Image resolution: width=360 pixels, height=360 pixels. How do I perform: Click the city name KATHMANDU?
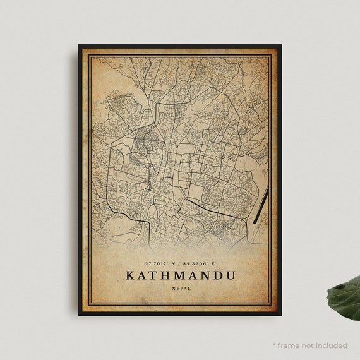[x=180, y=275]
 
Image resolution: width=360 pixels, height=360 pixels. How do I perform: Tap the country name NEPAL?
[x=180, y=289]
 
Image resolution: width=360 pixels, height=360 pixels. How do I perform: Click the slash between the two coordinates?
[x=179, y=263]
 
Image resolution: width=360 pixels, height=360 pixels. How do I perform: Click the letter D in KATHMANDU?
[x=216, y=275]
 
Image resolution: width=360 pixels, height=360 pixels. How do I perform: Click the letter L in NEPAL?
[x=189, y=289]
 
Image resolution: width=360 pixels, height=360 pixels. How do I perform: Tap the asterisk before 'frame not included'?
[x=275, y=345]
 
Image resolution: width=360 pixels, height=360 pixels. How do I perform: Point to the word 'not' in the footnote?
[x=309, y=345]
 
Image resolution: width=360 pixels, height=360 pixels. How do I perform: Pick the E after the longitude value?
[x=213, y=263]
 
